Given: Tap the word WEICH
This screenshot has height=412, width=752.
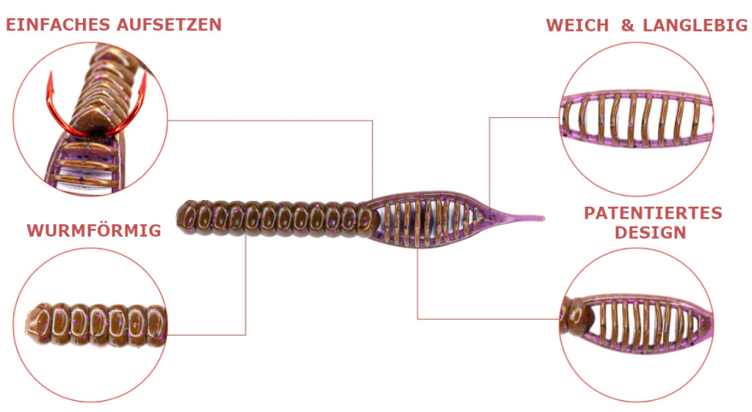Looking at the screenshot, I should tap(577, 26).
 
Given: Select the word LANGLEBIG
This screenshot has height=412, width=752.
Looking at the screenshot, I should tap(694, 26).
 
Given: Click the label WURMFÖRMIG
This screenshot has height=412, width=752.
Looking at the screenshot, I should tap(94, 231).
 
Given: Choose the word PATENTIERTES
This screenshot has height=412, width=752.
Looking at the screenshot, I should tap(653, 213).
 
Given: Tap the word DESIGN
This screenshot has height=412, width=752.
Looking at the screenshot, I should tap(651, 233).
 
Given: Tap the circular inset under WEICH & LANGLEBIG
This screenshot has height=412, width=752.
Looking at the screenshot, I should tap(636, 117).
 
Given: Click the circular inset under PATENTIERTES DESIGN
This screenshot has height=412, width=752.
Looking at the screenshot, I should tap(636, 323).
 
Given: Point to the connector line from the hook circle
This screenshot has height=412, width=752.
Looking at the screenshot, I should tap(294, 120).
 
